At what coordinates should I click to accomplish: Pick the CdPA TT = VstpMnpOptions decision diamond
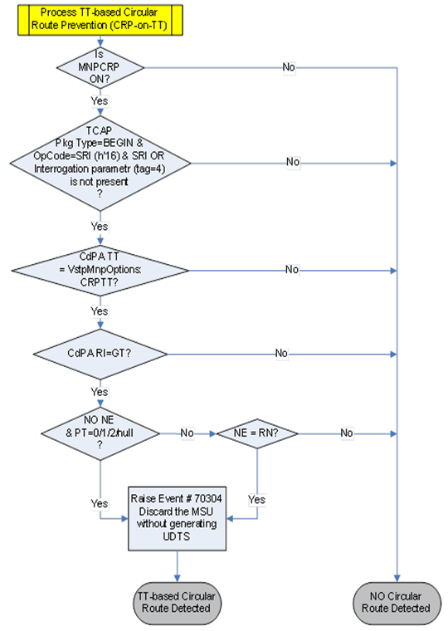point(100,271)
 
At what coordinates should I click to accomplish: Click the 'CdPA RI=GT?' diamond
point(100,354)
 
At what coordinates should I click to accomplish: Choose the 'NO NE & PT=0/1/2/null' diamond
point(100,433)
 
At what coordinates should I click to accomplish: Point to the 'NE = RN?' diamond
point(256,433)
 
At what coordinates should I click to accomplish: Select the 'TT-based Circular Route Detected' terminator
point(176,601)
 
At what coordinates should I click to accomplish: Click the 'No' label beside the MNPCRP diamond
point(290,66)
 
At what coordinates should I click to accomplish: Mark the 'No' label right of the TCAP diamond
point(292,163)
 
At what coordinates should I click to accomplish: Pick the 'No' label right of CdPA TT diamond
point(292,271)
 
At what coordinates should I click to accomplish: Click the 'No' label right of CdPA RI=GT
point(282,354)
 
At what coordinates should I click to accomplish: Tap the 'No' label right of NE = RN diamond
point(346,433)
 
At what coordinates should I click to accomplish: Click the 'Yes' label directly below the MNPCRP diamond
point(100,100)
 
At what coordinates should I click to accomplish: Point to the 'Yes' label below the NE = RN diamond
point(256,500)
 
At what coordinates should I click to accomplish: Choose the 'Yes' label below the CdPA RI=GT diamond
point(100,391)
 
